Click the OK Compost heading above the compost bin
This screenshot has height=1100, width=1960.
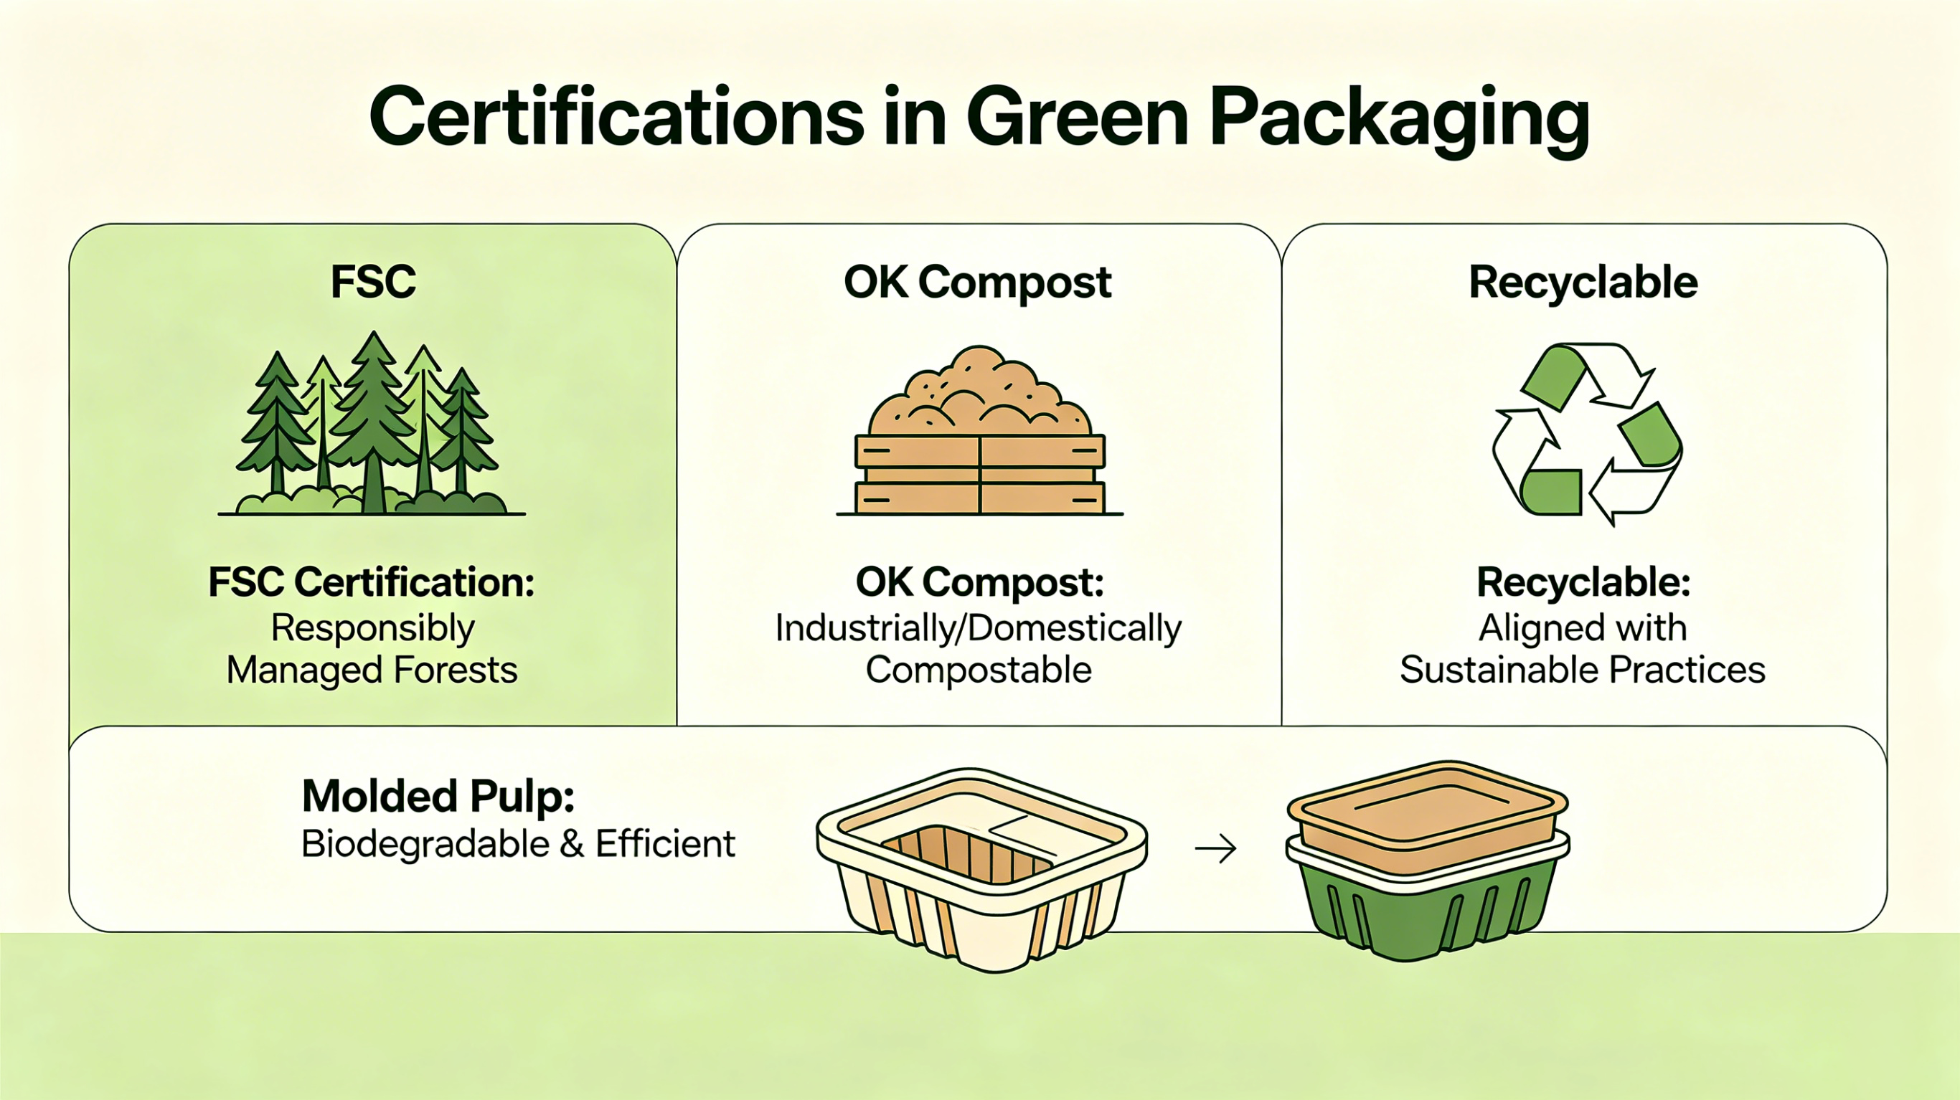pos(978,283)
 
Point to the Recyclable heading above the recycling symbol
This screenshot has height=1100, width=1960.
pos(1583,283)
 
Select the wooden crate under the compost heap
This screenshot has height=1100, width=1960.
pos(980,475)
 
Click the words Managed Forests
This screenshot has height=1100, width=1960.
pos(372,670)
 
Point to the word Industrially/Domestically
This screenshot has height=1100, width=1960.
pos(979,629)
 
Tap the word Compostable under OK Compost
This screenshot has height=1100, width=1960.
pos(979,671)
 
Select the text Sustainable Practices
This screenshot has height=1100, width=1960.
pos(1583,670)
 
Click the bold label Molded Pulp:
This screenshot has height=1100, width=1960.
pos(438,797)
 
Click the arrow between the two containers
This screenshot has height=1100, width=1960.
pos(1215,848)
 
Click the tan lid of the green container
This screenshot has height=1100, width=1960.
pos(1428,814)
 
